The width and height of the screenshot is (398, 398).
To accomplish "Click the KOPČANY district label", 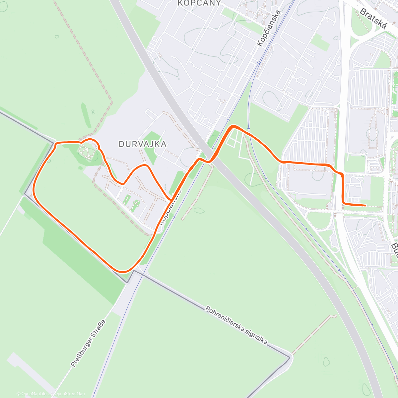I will click(x=199, y=3).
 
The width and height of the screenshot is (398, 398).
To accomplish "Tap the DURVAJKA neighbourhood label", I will click(x=143, y=144).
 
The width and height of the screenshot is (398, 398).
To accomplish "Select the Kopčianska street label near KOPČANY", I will click(x=268, y=28).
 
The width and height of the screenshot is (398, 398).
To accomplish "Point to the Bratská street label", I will click(x=373, y=19).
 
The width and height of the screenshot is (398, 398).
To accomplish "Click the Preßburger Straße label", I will click(x=88, y=343).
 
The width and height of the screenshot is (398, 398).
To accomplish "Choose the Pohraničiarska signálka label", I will click(x=236, y=325).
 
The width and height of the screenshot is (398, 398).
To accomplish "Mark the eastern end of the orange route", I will click(x=365, y=206).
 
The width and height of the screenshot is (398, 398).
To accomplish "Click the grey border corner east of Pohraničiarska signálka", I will click(x=290, y=357).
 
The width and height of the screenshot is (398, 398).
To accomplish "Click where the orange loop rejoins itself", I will click(x=171, y=199).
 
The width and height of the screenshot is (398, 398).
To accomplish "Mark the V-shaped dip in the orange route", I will click(x=123, y=183).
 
